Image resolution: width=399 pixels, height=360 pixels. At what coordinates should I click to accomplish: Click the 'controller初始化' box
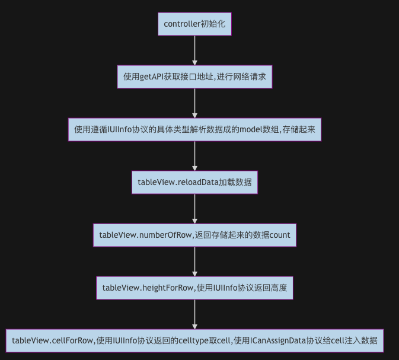194,25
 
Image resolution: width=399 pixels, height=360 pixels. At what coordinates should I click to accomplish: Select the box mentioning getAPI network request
194,77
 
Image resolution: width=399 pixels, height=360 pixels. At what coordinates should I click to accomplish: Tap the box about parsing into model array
194,129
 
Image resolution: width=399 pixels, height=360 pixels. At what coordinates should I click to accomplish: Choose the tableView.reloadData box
194,182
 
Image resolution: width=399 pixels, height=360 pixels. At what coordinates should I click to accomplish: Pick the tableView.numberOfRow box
194,235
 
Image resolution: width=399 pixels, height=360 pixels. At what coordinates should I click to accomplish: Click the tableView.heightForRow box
194,288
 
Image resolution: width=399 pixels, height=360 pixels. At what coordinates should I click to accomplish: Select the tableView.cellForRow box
194,340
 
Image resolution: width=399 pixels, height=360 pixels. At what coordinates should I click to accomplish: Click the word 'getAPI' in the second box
153,77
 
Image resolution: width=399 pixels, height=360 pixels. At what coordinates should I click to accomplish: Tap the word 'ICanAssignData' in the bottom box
278,340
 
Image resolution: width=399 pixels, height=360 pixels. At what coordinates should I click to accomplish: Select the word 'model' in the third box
252,129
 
